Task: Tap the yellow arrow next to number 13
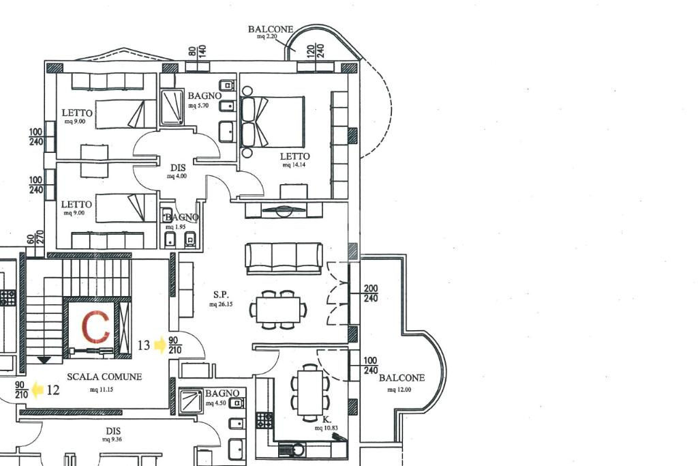[160, 345]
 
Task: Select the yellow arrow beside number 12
[37, 390]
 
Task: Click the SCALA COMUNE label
[104, 377]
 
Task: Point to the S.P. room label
[220, 295]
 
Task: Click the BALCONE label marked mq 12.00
[401, 378]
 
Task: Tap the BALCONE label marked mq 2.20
[271, 29]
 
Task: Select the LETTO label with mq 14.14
[294, 156]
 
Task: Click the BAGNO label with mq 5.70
[204, 96]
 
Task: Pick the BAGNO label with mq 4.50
[222, 394]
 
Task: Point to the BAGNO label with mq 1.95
[182, 218]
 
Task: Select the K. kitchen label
[327, 419]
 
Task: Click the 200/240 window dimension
[371, 293]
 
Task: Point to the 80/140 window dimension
[197, 51]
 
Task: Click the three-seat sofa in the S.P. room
[284, 258]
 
